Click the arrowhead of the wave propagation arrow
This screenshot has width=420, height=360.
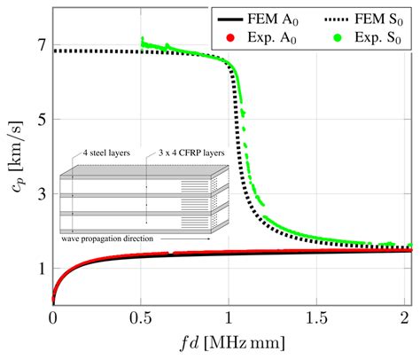pyautogui.click(x=211, y=239)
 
